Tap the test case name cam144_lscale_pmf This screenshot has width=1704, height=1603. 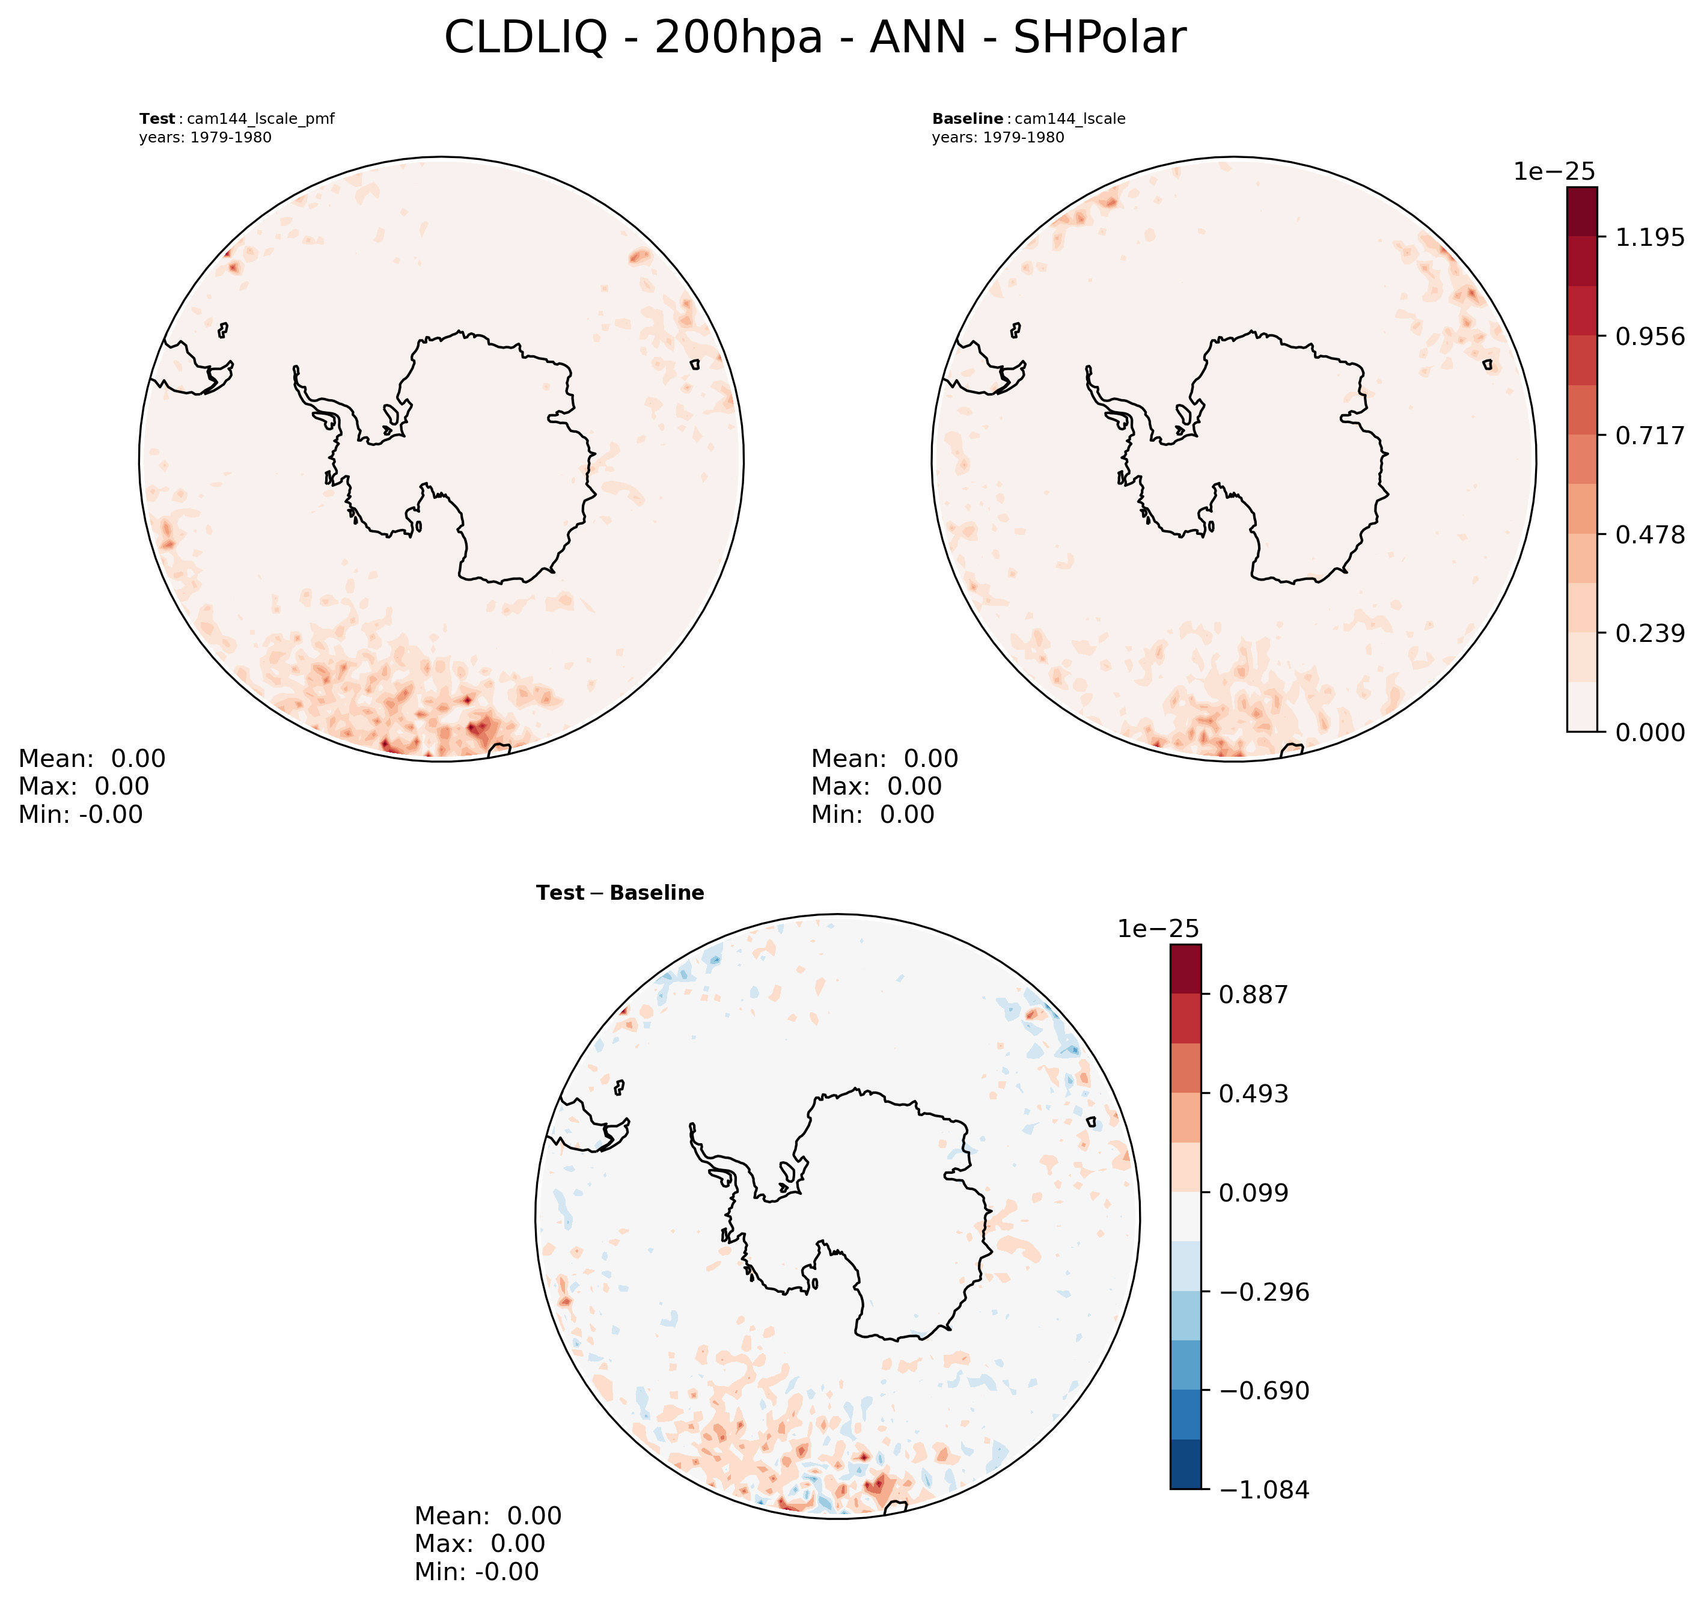261,119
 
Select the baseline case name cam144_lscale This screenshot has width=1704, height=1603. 1070,119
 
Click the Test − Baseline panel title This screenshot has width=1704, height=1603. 620,893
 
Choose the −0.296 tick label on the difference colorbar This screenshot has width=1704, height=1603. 1264,1292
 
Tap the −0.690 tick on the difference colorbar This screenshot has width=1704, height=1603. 1264,1390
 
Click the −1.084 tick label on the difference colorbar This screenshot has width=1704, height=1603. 1264,1490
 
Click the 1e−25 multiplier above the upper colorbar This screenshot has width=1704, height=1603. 1554,171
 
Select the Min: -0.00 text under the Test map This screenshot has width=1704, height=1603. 81,814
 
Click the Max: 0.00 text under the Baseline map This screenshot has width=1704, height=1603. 876,786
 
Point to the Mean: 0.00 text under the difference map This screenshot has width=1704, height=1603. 487,1516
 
